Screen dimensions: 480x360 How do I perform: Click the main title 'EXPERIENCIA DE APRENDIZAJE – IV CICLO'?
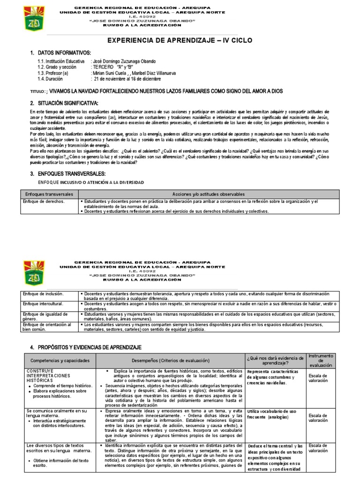coord(180,41)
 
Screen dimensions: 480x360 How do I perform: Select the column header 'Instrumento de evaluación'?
coord(321,360)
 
